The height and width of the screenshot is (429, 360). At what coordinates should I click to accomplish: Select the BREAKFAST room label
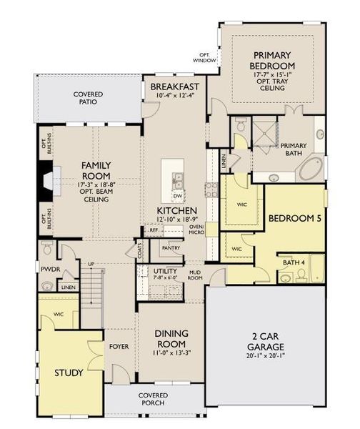[x=174, y=87]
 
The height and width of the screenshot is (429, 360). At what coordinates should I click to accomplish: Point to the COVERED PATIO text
[x=89, y=98]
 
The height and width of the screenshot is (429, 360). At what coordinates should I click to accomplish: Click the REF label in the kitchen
[x=153, y=231]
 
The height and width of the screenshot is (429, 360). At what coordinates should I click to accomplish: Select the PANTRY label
[x=170, y=248]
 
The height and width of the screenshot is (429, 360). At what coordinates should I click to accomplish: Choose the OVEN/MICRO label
[x=196, y=229]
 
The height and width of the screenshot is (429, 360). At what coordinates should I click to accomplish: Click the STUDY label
[x=69, y=373]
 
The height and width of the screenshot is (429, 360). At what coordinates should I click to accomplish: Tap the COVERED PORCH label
[x=153, y=399]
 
